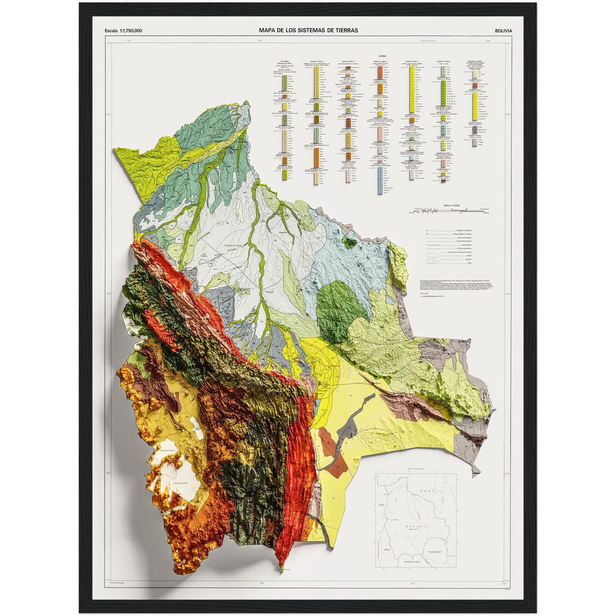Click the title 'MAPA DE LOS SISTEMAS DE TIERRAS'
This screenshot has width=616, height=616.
[308, 30]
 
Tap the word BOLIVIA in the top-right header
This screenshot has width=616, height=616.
[503, 30]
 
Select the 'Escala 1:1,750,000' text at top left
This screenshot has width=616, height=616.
[123, 30]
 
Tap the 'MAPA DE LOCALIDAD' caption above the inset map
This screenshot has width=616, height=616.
[415, 468]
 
